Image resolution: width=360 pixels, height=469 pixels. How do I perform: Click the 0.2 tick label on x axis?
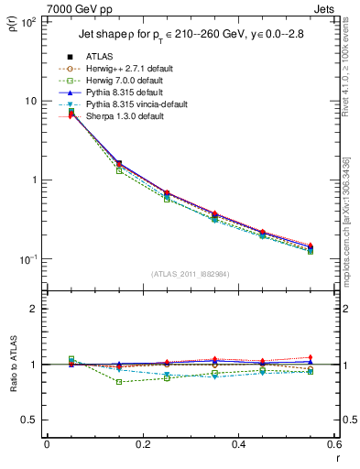142,445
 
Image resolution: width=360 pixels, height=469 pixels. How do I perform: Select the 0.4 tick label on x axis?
238,445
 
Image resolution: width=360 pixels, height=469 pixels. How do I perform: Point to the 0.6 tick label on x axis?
332,445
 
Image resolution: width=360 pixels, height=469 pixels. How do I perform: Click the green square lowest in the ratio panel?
94,381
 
